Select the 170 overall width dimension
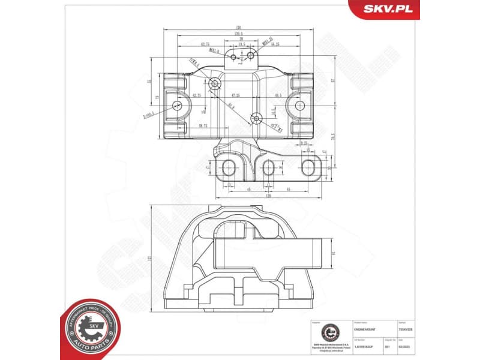pos(239,27)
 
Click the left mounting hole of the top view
pos(178,106)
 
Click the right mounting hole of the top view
pos(301,106)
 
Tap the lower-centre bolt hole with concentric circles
pos(256,118)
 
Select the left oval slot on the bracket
pos(229,167)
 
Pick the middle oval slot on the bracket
pos(269,167)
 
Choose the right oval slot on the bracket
pos(308,167)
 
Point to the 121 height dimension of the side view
pos(148,258)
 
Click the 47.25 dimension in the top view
pos(235,95)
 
